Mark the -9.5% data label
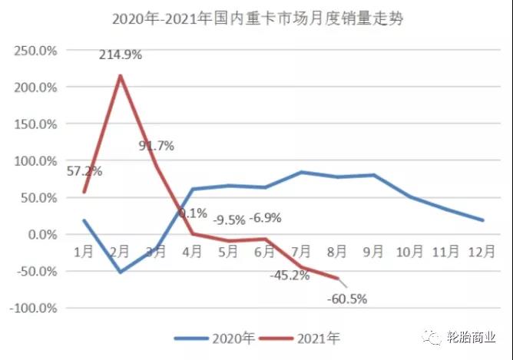tap(230, 220)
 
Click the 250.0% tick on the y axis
tap(37, 51)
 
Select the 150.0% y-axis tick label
tap(37, 124)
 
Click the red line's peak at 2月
tap(121, 75)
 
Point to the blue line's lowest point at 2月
tap(121, 272)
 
